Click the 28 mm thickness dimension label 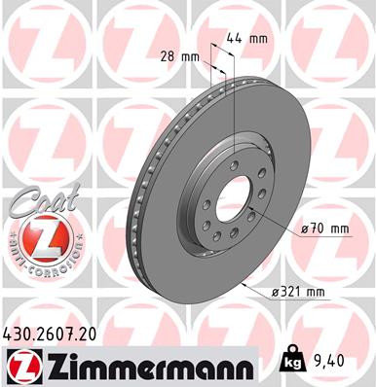pyautogui.click(x=182, y=56)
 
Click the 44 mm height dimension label pyautogui.click(x=251, y=39)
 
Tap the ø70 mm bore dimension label pyautogui.click(x=323, y=229)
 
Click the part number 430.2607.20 pyautogui.click(x=57, y=334)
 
